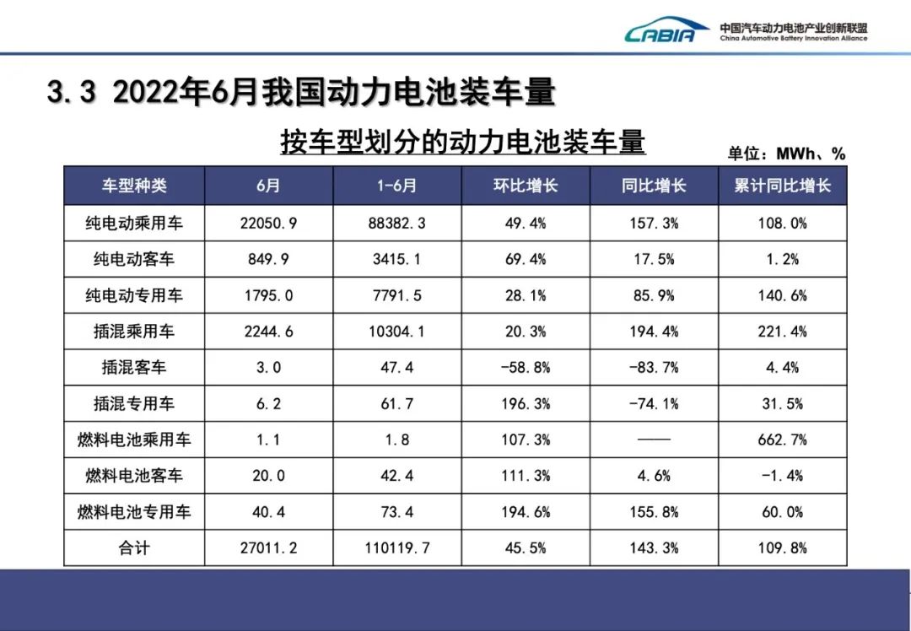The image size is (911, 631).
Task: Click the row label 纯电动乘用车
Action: click(x=134, y=224)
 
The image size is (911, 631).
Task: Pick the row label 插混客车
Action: click(x=134, y=368)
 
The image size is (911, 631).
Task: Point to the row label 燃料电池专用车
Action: click(x=134, y=512)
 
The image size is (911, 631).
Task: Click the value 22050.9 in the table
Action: click(x=268, y=224)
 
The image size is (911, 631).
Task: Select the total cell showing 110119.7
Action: click(x=396, y=548)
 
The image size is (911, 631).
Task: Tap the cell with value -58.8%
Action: click(x=525, y=368)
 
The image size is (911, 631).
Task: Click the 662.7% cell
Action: click(x=783, y=440)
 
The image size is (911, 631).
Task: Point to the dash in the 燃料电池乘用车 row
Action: click(x=654, y=440)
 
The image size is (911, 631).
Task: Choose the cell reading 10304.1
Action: click(x=396, y=332)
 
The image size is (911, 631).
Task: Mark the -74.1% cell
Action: click(x=654, y=404)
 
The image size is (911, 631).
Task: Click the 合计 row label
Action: click(x=134, y=548)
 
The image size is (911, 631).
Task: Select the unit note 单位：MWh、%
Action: click(x=786, y=154)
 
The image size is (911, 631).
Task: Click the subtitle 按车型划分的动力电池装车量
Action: click(x=463, y=143)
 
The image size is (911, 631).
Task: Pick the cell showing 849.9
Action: click(x=268, y=260)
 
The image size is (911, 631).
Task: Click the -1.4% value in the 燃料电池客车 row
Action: click(x=783, y=476)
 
